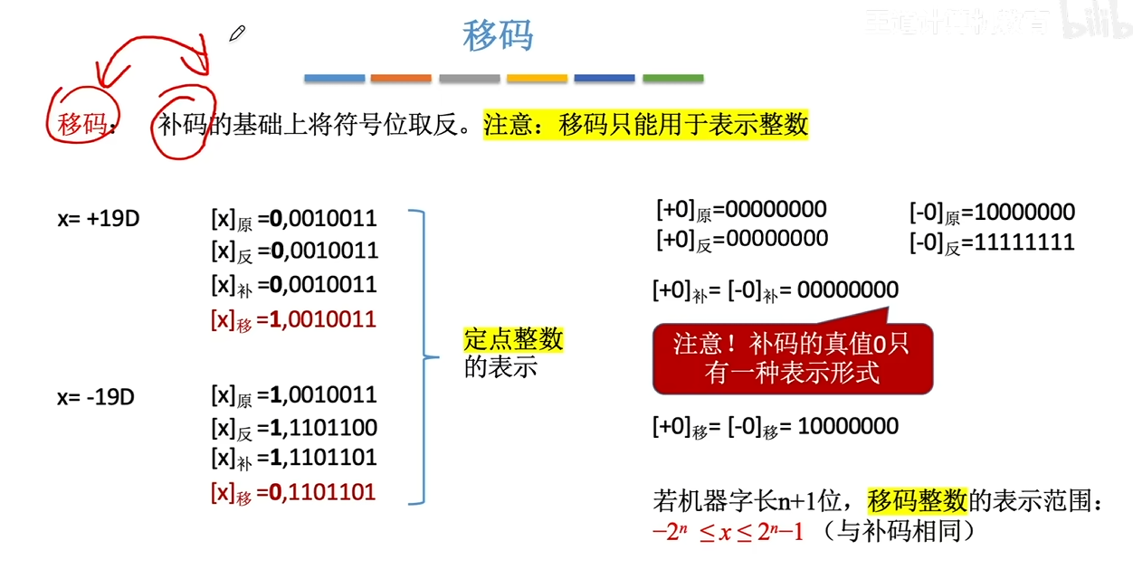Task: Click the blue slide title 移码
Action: [x=498, y=36]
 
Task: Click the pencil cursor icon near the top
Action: [x=237, y=34]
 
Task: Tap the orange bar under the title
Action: [x=401, y=79]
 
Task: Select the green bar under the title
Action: [x=673, y=79]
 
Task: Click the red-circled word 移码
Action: [x=82, y=124]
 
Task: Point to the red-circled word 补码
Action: [x=184, y=124]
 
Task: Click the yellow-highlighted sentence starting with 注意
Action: [x=645, y=124]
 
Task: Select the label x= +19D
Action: [x=98, y=219]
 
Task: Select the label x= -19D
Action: [x=96, y=396]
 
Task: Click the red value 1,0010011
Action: [x=323, y=319]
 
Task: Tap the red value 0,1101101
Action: [x=323, y=493]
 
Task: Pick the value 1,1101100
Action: [x=323, y=427]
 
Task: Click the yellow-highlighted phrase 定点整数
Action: [x=513, y=339]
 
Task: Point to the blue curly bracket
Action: [x=418, y=356]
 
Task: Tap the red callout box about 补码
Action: [x=792, y=358]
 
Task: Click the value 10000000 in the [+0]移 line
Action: [x=849, y=426]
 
